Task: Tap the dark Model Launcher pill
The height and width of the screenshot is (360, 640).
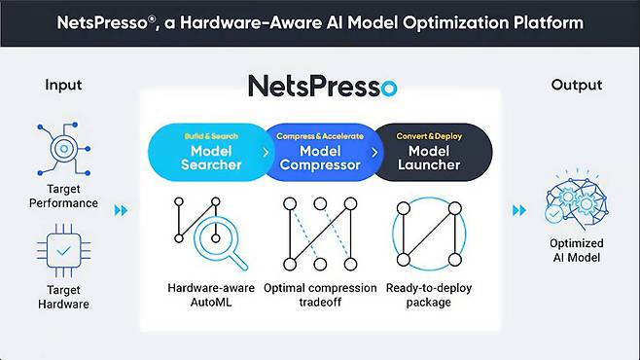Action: point(432,152)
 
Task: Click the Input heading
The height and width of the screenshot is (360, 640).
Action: point(63,85)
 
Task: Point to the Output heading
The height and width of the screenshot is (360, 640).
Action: point(577,85)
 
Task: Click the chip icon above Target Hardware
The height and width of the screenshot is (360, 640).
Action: point(63,250)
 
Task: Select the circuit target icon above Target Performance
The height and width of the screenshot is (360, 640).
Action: point(63,149)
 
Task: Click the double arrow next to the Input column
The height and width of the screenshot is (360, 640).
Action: point(121,210)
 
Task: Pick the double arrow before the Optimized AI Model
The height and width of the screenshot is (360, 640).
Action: point(519,210)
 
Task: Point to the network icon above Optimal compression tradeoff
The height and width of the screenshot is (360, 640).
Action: point(320,234)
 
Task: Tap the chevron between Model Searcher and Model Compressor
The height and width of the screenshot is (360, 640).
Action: point(266,152)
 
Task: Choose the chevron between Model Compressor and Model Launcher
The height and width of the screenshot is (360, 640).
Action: point(374,152)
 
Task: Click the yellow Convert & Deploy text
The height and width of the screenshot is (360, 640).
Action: point(429,136)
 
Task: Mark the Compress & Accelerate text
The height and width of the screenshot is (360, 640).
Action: point(320,136)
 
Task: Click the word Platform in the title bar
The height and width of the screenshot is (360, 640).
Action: point(549,22)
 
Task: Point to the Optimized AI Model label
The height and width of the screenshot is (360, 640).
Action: point(577,250)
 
